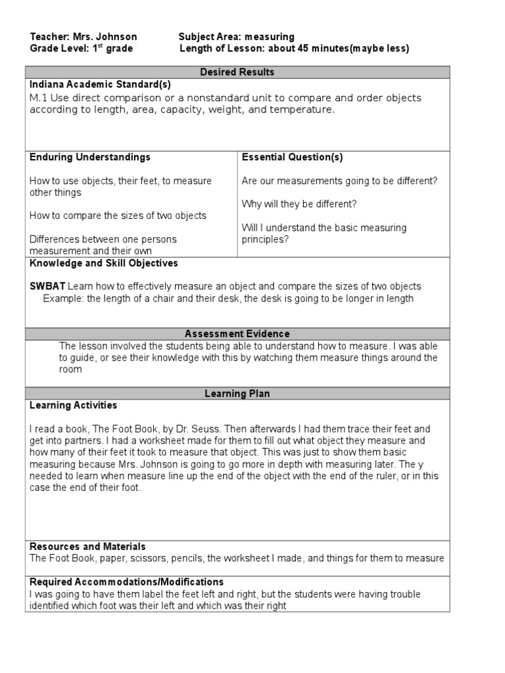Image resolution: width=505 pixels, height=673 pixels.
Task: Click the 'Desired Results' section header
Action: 237,72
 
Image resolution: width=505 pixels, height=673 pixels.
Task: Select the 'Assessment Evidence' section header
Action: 237,334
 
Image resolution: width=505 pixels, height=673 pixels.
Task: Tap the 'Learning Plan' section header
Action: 237,394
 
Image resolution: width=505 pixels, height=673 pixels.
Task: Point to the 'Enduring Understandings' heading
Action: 90,157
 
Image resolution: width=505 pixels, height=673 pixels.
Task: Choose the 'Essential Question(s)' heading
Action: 292,157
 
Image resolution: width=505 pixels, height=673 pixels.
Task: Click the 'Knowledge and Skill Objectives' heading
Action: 104,263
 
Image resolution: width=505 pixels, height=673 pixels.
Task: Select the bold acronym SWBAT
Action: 47,287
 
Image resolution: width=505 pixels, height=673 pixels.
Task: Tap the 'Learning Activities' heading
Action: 73,406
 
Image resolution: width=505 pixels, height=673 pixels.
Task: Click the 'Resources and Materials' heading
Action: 87,546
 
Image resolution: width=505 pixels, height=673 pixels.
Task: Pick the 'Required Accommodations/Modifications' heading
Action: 126,582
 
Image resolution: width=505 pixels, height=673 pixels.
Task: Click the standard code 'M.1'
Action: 38,98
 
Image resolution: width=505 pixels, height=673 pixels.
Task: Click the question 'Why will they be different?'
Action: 299,204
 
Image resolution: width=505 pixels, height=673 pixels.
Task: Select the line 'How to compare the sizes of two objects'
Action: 118,216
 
